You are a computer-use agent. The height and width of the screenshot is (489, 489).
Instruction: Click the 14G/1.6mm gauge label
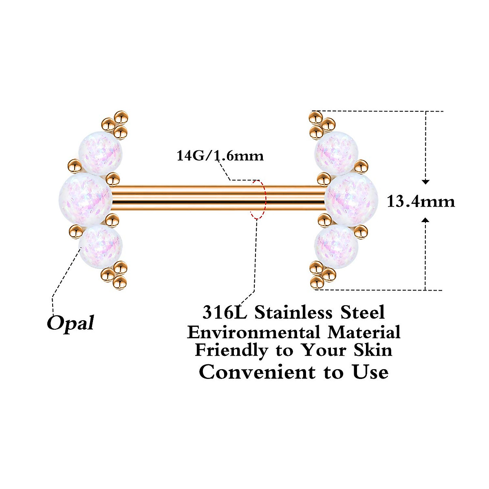tap(220, 156)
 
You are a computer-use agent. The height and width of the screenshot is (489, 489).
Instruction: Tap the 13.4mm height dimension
tap(421, 202)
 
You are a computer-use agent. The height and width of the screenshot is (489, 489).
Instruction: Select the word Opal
tap(70, 323)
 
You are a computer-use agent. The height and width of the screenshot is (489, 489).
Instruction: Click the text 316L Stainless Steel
tap(293, 313)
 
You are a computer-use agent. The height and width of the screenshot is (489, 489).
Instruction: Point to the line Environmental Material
tap(293, 332)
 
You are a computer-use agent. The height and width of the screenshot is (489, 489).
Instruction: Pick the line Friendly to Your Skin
tap(293, 350)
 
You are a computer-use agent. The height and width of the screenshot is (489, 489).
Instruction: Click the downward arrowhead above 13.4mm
tap(426, 182)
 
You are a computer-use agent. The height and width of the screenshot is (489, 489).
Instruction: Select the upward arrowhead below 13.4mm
tap(426, 220)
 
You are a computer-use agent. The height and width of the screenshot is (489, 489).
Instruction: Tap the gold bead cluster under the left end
tap(116, 275)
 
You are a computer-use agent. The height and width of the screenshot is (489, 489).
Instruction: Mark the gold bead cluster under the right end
tap(321, 274)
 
